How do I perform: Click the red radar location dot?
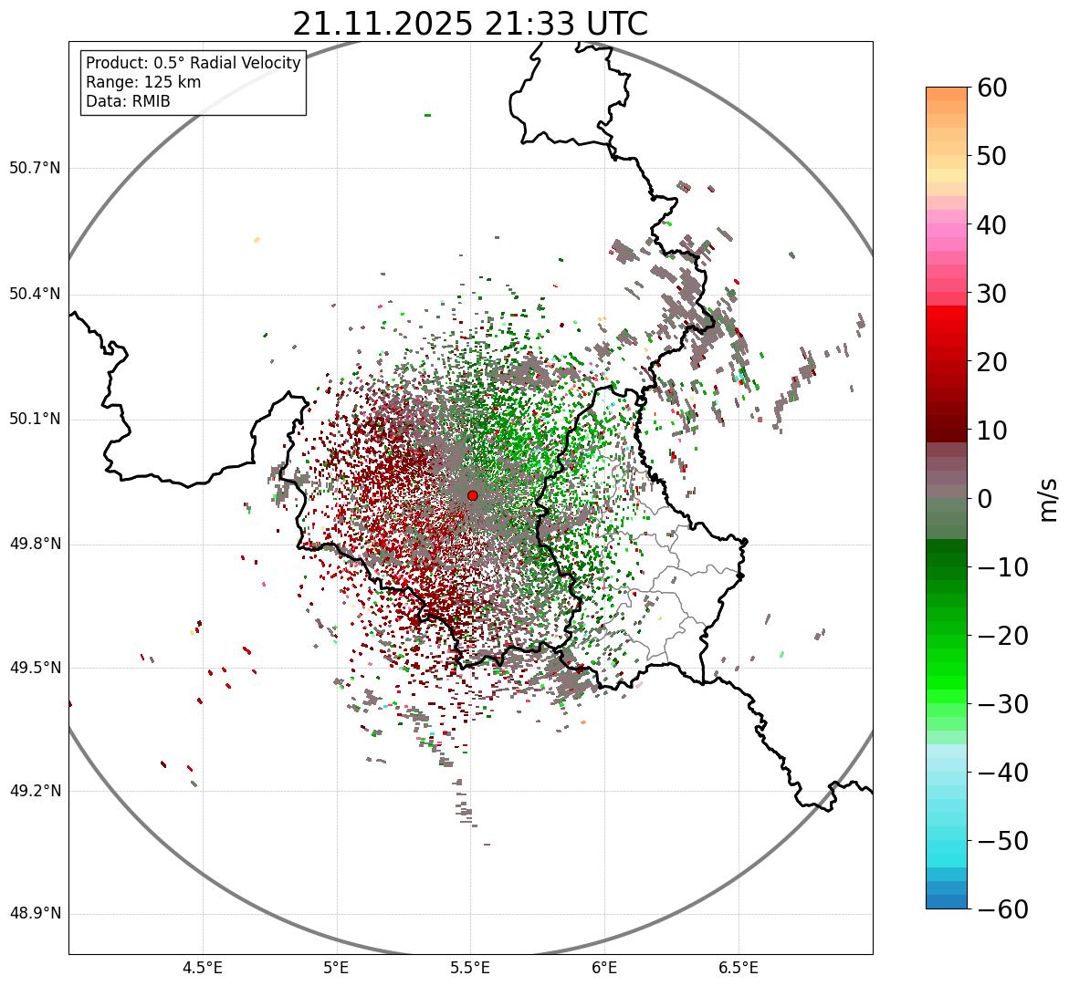click(472, 495)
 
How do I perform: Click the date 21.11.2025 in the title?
click(383, 24)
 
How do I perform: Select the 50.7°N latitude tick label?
click(35, 169)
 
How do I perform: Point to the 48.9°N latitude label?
click(35, 914)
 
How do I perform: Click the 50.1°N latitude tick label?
click(35, 420)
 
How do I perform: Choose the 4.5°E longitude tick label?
click(203, 968)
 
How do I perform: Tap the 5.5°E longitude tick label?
click(470, 968)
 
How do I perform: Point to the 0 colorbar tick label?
click(985, 499)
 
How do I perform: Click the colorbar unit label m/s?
click(1049, 499)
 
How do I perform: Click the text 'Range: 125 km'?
click(143, 82)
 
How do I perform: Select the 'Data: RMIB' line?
click(128, 101)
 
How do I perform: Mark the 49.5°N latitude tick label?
click(35, 669)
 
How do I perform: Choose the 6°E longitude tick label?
click(604, 968)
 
